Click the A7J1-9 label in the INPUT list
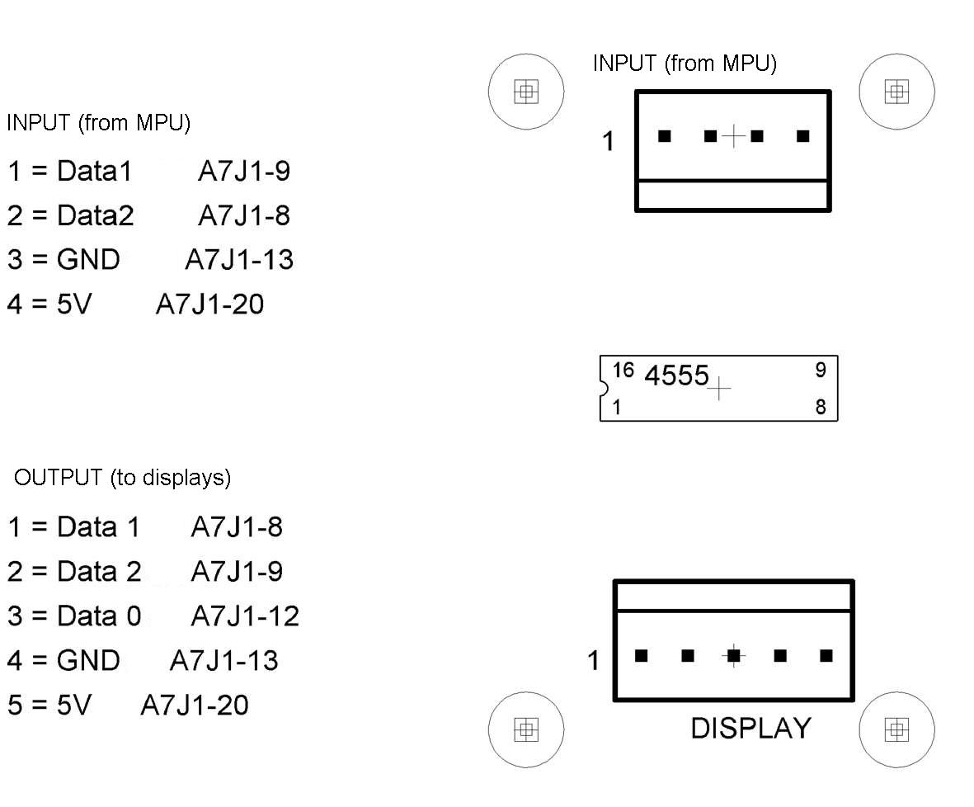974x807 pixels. (x=244, y=172)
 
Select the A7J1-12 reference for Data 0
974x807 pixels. (x=245, y=616)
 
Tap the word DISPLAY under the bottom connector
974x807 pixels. (x=750, y=729)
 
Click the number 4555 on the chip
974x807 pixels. (x=676, y=376)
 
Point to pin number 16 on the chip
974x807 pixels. (x=623, y=370)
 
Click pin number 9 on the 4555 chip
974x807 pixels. (x=820, y=370)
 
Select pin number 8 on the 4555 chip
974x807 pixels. (x=820, y=407)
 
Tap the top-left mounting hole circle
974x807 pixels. (x=526, y=92)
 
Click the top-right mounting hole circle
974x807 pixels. (x=896, y=92)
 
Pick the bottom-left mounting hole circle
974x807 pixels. (x=526, y=729)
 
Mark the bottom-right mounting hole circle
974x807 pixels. (x=896, y=729)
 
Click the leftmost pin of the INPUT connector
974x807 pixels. (x=664, y=136)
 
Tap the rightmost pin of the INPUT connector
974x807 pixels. (x=802, y=136)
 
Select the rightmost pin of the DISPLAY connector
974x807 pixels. (x=826, y=656)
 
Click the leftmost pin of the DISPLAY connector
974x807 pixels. (x=641, y=656)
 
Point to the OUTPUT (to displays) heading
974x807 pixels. (x=122, y=478)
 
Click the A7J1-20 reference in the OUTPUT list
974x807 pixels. (x=194, y=705)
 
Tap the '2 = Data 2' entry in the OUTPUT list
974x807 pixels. (x=75, y=571)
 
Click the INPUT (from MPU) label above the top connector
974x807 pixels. (x=685, y=64)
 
